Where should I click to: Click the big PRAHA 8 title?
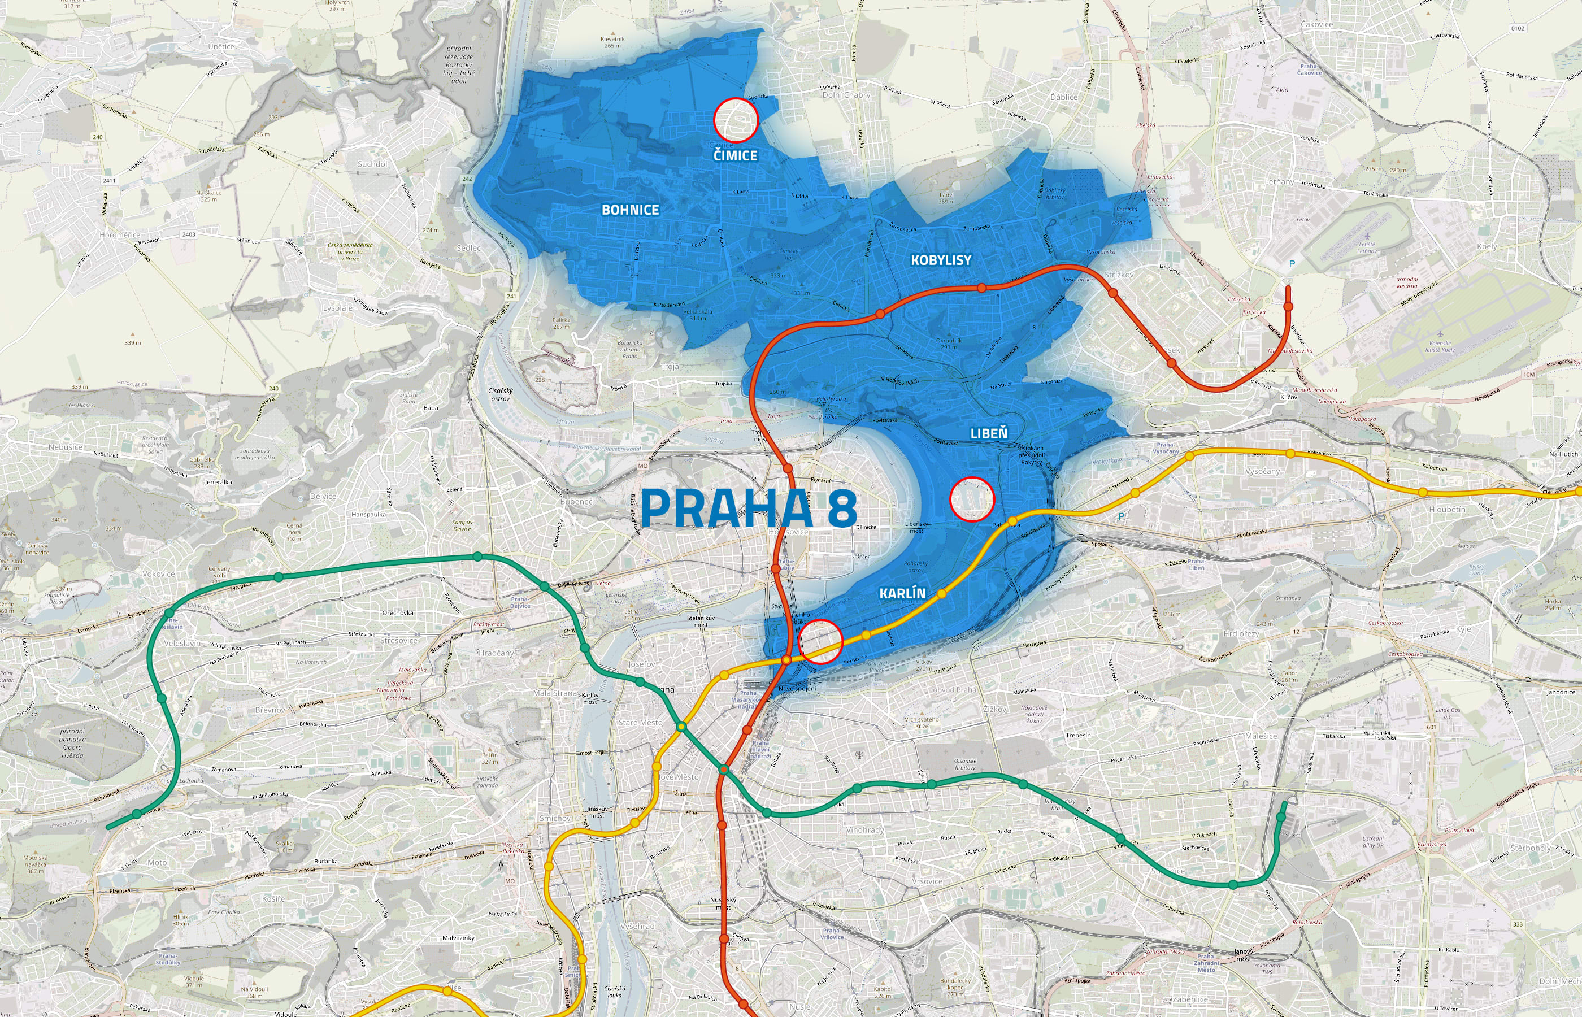tap(749, 507)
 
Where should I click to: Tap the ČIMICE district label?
tap(735, 155)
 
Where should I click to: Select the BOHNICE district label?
tap(630, 210)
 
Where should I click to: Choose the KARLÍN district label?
tap(902, 594)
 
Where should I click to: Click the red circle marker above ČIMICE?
tap(735, 120)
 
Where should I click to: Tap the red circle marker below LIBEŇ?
tap(971, 499)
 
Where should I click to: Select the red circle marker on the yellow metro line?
tap(821, 641)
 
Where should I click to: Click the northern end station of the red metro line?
tap(1288, 306)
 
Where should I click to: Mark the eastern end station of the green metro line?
tap(1281, 817)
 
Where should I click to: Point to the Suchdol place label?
tap(372, 164)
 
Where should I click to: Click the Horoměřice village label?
tap(120, 235)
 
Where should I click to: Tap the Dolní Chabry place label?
tap(846, 95)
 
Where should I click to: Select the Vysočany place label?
tap(1262, 472)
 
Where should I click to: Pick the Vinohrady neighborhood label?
tap(864, 829)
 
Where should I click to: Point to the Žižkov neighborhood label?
tap(994, 709)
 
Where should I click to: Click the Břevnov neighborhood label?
tap(270, 710)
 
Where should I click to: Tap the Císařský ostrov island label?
tap(500, 394)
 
